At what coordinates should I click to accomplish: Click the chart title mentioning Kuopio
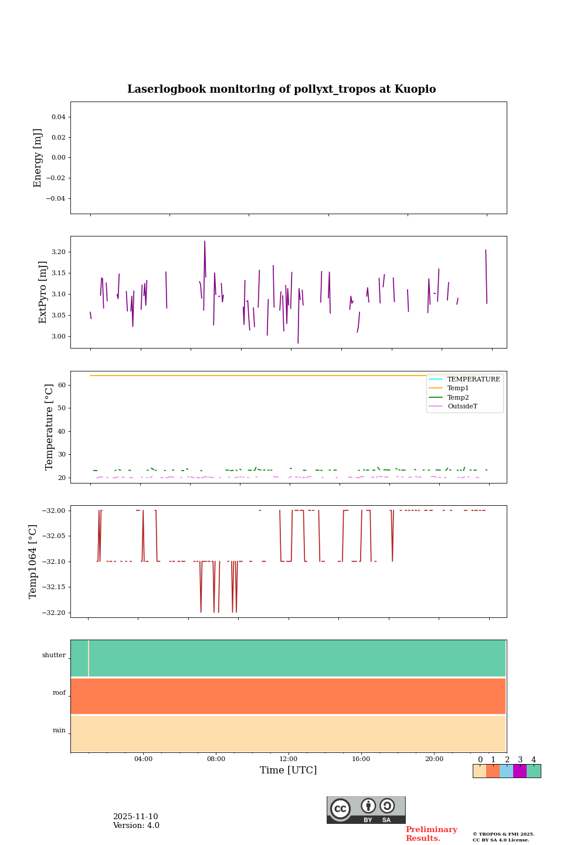(x=281, y=89)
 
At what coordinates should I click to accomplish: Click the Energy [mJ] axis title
(x=38, y=158)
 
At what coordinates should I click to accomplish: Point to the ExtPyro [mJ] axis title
(x=43, y=292)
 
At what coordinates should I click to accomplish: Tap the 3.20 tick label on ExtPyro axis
(x=59, y=252)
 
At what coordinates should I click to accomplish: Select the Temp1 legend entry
(x=458, y=388)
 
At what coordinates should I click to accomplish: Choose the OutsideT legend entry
(x=462, y=407)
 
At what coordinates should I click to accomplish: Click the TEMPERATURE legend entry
(x=473, y=380)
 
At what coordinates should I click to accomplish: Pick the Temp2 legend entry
(x=458, y=398)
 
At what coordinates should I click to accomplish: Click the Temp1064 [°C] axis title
(x=33, y=562)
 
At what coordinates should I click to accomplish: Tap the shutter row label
(x=54, y=655)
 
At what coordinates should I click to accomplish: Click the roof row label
(x=59, y=693)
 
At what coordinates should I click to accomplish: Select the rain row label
(x=59, y=731)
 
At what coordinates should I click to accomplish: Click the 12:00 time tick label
(x=289, y=759)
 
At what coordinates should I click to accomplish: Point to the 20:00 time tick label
(x=434, y=759)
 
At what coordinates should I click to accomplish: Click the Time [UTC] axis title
(x=289, y=770)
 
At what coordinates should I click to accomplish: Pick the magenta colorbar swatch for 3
(x=520, y=771)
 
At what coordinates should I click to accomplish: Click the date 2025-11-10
(x=135, y=817)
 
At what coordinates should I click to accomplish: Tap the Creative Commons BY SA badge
(x=366, y=810)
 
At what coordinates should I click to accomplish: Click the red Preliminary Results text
(x=431, y=834)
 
